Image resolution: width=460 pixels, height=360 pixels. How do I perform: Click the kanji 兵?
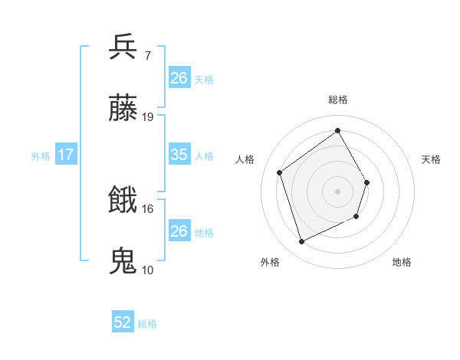[123, 46]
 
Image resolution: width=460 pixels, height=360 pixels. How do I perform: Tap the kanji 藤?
[123, 109]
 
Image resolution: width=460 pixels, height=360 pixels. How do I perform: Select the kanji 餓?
[123, 200]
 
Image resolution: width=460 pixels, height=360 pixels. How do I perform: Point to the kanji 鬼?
[123, 261]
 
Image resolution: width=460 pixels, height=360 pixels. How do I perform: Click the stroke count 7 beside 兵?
[147, 55]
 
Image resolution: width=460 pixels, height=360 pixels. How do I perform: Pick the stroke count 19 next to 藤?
[148, 117]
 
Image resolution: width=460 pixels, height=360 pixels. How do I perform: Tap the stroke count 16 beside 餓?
[148, 208]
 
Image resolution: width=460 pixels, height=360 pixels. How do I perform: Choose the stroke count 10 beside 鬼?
[148, 270]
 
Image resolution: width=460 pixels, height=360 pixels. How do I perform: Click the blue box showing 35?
[179, 155]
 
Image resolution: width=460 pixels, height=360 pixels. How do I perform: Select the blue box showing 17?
[66, 155]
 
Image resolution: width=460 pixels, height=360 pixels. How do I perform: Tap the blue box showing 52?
[123, 322]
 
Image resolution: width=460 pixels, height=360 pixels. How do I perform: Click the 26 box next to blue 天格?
[179, 78]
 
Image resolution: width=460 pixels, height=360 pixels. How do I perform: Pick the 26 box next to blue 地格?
[179, 231]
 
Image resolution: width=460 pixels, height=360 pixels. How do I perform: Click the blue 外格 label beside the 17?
[41, 155]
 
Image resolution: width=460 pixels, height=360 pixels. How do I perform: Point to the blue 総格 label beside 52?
[147, 324]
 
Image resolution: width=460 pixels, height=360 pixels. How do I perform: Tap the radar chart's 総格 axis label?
[338, 100]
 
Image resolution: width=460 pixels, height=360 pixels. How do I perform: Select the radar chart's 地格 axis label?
[402, 262]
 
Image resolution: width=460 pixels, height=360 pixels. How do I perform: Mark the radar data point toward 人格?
[280, 173]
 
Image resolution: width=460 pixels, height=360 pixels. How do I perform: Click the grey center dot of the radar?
[337, 191]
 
